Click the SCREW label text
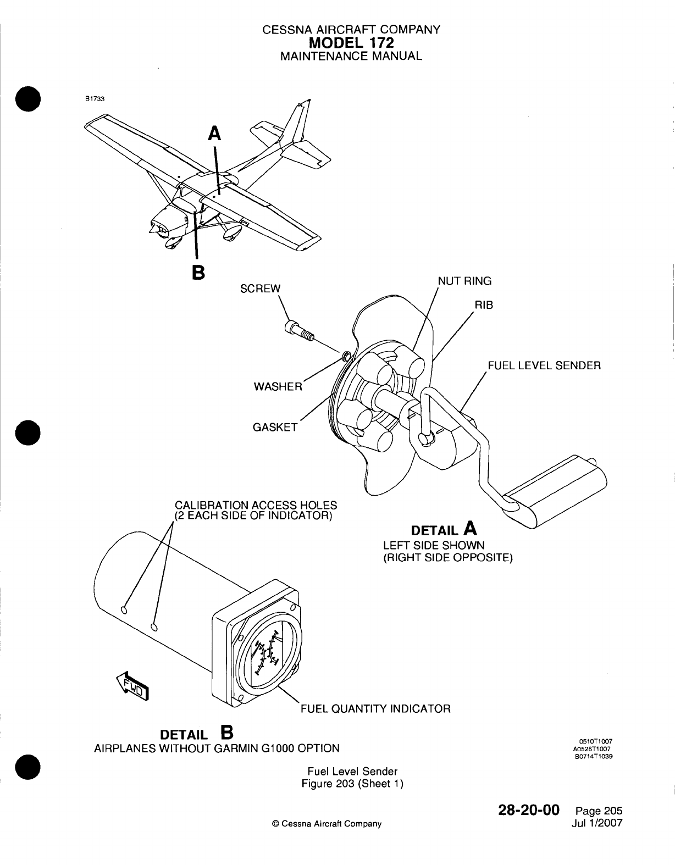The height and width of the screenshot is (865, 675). tap(261, 289)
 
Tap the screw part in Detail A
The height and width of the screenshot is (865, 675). tap(298, 331)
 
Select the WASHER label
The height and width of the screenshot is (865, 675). tap(278, 386)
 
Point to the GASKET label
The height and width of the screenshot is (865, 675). tap(275, 427)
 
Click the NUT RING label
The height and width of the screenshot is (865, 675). tap(464, 281)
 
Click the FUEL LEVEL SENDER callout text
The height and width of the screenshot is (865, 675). tap(544, 365)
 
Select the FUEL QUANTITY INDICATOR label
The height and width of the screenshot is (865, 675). tap(375, 708)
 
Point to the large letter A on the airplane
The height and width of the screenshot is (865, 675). tap(215, 134)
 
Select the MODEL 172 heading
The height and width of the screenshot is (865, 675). tap(351, 42)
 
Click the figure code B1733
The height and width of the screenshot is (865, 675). tap(91, 99)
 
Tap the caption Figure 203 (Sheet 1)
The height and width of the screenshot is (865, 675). tap(352, 784)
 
